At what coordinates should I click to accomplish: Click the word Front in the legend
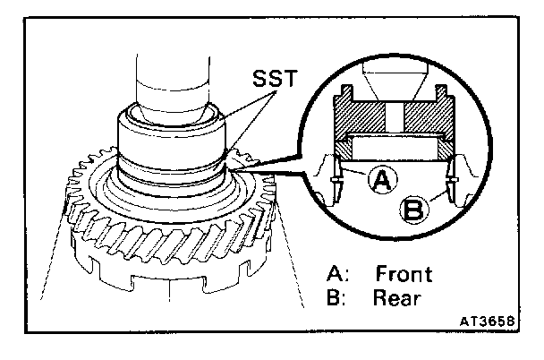tap(404, 274)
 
